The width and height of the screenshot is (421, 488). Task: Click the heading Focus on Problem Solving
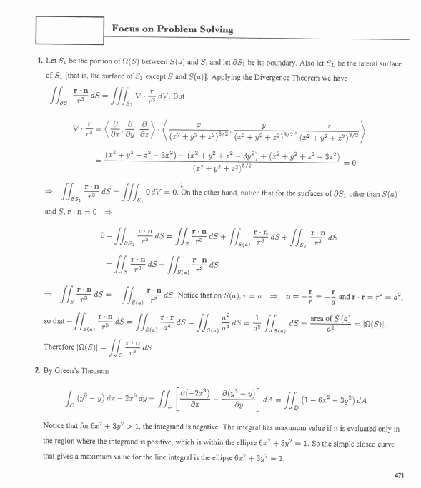[172, 29]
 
